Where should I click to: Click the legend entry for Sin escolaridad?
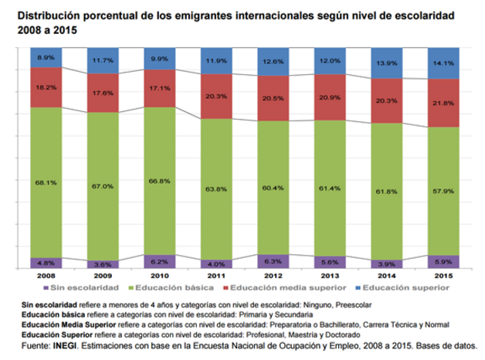click(x=82, y=287)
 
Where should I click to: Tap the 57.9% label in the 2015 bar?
click(x=439, y=188)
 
